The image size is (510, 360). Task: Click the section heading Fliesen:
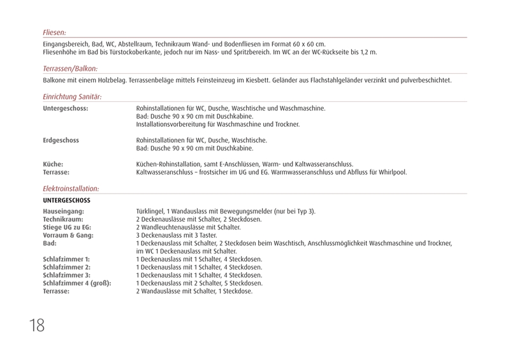tap(54, 31)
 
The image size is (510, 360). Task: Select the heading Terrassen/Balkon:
tap(70, 68)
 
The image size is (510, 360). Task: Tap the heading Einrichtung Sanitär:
tap(72, 96)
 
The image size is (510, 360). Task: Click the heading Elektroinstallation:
tap(71, 189)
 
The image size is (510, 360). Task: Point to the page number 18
tap(36, 325)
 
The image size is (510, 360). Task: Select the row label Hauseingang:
tap(63, 211)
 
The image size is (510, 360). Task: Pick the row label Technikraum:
tap(62, 219)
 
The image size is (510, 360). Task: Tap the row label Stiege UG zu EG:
tap(67, 226)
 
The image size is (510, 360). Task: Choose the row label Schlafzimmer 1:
tap(67, 259)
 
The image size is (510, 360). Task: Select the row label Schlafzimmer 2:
tap(67, 267)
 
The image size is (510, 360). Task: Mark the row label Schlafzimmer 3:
tap(67, 275)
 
